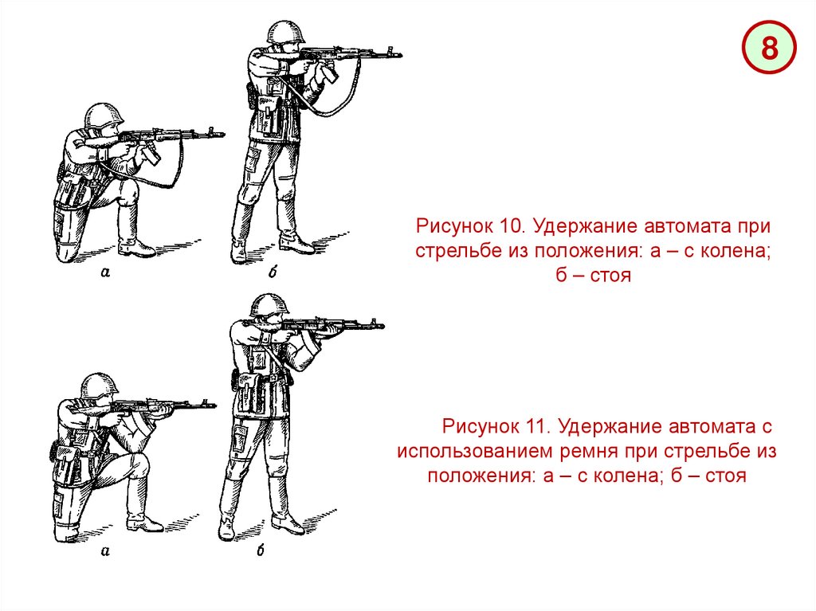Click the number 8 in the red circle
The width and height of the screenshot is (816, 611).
click(x=769, y=49)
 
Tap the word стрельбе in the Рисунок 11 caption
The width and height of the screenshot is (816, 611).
click(x=708, y=452)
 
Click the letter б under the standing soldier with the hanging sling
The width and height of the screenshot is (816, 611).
click(x=273, y=271)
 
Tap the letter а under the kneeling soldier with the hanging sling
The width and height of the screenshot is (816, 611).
click(x=105, y=271)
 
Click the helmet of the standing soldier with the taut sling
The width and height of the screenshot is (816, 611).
click(x=269, y=304)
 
